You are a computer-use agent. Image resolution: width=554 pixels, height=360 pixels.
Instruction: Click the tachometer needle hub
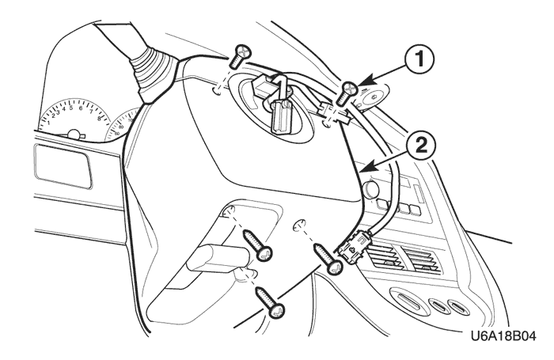click(76, 135)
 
